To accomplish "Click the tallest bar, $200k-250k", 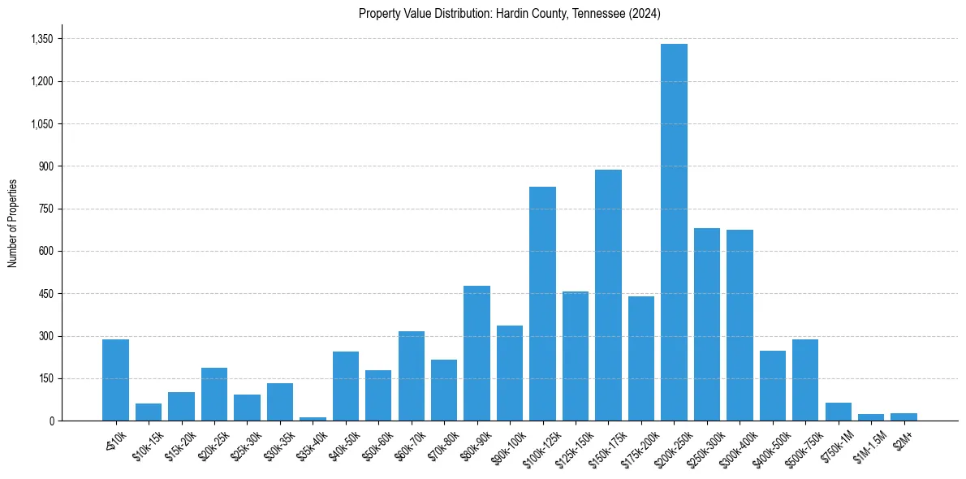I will click(674, 232).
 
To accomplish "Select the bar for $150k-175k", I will click(608, 296).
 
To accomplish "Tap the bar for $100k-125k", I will click(542, 304).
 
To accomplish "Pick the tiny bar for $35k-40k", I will click(313, 418).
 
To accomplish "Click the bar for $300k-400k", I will click(740, 325).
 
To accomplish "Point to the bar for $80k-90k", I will click(477, 353).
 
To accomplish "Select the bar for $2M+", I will click(903, 416).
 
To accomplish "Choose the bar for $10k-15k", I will click(149, 412).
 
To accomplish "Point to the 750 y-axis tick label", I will click(45, 209).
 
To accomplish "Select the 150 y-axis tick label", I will click(45, 378).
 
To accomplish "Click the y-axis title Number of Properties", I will click(12, 222).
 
